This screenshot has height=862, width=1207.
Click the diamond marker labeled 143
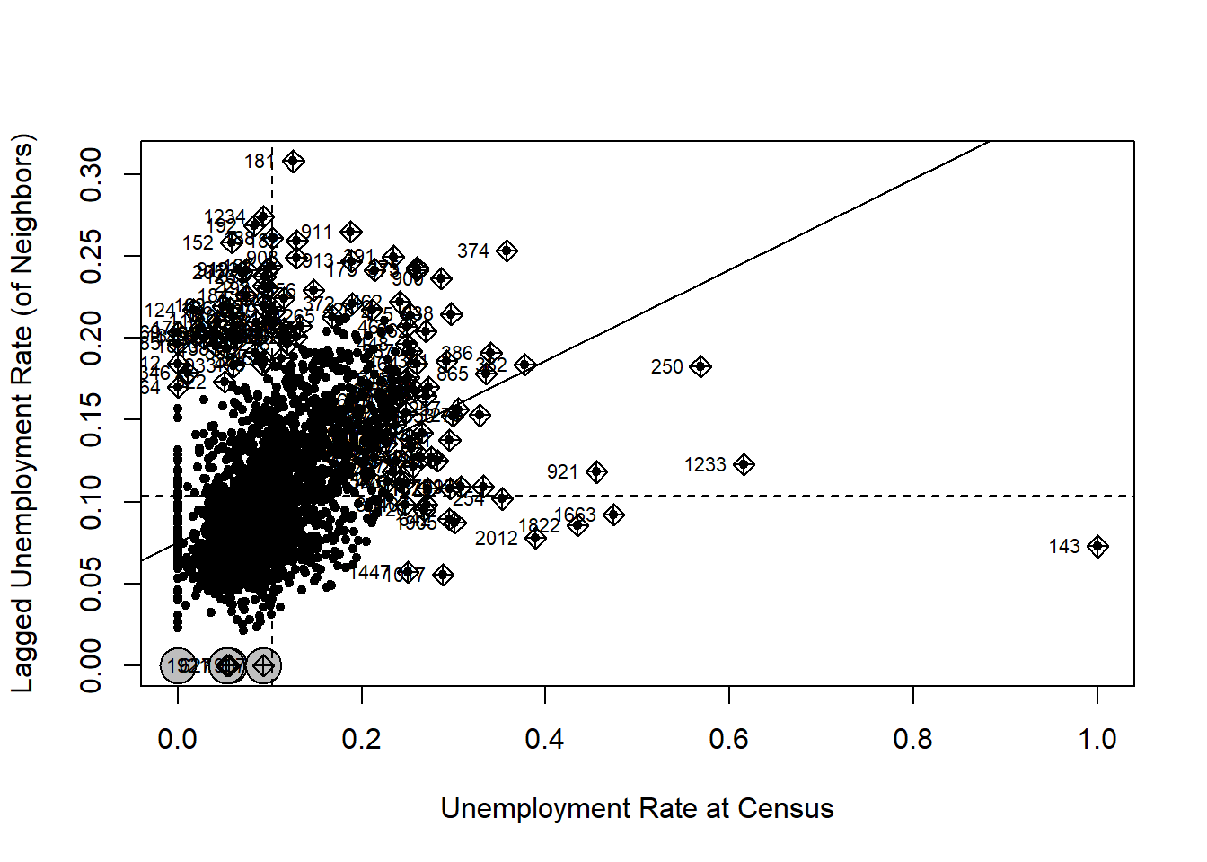tap(1097, 546)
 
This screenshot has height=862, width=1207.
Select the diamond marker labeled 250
tap(700, 366)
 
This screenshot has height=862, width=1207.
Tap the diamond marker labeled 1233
tap(744, 464)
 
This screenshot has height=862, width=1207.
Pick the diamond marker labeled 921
tap(596, 471)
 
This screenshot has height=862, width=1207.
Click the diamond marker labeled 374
tap(507, 251)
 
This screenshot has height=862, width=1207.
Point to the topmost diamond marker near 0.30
tap(294, 162)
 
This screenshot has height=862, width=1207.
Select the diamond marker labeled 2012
tap(535, 538)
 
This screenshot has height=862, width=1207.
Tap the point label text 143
tap(1064, 546)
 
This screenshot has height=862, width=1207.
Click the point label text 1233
tap(705, 464)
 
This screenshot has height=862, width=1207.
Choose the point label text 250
tap(667, 366)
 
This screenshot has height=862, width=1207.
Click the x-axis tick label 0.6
tap(728, 739)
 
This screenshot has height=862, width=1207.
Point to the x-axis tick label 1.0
tap(1097, 739)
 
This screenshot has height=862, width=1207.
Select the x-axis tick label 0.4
tap(544, 739)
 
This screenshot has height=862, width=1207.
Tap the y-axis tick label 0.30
tap(92, 173)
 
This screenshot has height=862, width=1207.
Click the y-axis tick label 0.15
tap(92, 419)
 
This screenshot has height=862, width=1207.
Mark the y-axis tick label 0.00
tap(92, 665)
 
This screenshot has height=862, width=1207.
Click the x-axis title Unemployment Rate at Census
tap(637, 808)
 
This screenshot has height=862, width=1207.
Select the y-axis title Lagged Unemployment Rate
tap(22, 413)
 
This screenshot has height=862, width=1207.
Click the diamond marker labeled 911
tap(351, 233)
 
